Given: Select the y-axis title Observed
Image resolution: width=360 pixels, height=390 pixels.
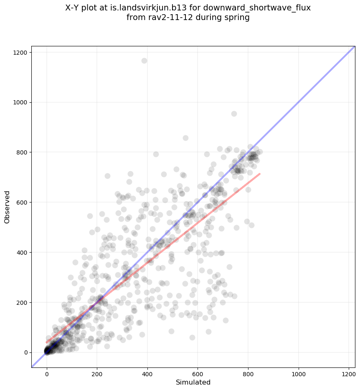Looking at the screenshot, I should [7, 207].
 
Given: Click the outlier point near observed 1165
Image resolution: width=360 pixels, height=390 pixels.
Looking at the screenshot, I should [145, 61].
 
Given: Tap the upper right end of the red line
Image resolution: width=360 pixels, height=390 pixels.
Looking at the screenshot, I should [260, 174].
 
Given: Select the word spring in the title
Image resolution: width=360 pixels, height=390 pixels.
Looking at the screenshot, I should [238, 18].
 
